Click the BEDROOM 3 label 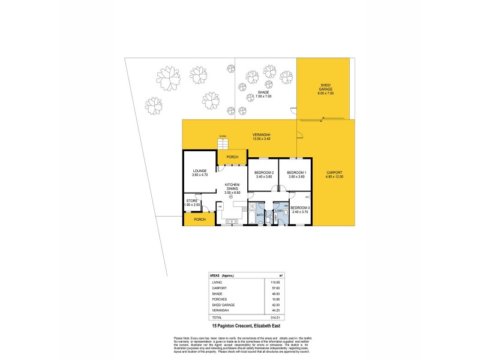(x=299, y=209)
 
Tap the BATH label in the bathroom (x=260, y=214)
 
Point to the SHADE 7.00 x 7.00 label (x=263, y=94)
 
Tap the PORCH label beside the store (x=200, y=220)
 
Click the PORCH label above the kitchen (x=232, y=157)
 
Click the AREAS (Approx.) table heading (x=223, y=276)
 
